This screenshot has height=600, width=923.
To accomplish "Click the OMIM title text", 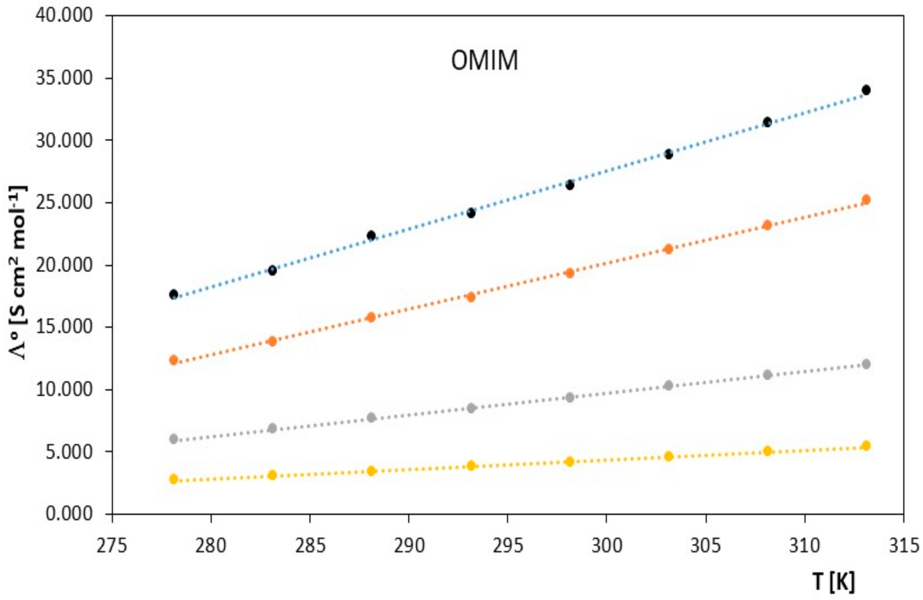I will click(484, 60).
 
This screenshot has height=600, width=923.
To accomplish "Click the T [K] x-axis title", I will click(833, 581).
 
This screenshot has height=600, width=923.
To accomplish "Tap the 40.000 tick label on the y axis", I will click(65, 15).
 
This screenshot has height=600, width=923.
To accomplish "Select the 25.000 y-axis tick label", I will click(65, 202).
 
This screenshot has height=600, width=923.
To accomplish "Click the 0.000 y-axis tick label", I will click(69, 514).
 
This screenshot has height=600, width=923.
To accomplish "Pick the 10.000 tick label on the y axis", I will click(65, 389).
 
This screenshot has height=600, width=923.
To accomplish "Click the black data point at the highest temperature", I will click(866, 90).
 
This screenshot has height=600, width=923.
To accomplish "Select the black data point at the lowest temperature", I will click(174, 294).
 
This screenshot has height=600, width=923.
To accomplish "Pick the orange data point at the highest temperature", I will click(866, 200).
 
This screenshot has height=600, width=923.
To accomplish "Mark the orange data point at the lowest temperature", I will click(174, 360).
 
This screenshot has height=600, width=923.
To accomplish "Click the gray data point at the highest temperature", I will click(866, 364).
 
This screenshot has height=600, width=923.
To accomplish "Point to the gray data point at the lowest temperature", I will click(174, 439).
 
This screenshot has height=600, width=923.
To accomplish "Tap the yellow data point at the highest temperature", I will click(866, 446).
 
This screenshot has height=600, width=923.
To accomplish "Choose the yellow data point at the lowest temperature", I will click(174, 479).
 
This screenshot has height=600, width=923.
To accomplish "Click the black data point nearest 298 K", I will click(570, 185).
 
